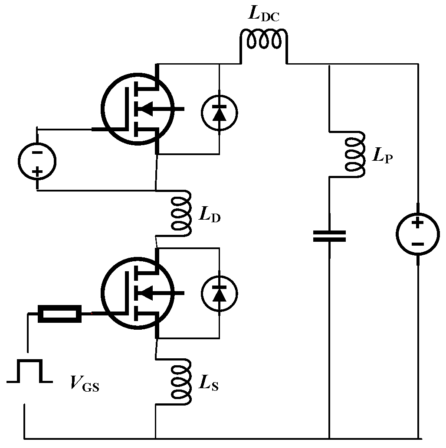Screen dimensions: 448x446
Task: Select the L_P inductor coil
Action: coord(355,154)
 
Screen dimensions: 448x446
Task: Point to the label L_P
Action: coord(382,155)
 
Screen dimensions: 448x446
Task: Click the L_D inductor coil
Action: coord(180,213)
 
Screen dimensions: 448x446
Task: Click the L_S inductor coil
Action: coord(180,381)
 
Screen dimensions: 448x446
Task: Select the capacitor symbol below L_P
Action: coord(330,236)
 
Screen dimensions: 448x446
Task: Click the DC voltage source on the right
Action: coord(417,234)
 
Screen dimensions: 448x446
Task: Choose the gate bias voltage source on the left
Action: coord(37,161)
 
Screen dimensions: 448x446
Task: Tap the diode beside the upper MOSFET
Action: coord(220,113)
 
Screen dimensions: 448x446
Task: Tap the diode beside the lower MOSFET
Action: coord(220,295)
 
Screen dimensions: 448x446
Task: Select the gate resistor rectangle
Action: coord(60,314)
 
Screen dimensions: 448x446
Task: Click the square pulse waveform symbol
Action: coord(30,371)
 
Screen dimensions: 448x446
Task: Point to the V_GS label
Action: coord(85,384)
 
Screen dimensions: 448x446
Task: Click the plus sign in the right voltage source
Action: coord(417,223)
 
